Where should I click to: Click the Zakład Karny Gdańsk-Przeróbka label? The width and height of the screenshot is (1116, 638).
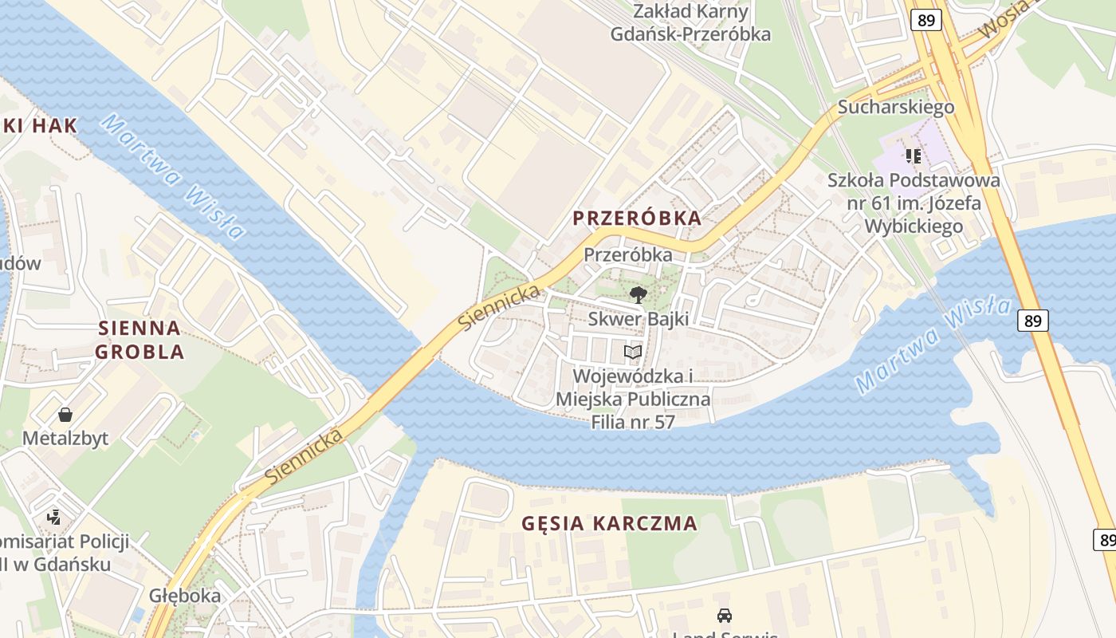(690, 22)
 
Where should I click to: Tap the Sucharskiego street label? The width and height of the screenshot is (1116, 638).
(895, 107)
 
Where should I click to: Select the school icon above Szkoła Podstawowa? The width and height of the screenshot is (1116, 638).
(913, 156)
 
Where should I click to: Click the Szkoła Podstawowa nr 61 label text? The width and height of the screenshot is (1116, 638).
(914, 203)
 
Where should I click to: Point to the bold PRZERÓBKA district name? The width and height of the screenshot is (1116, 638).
(638, 218)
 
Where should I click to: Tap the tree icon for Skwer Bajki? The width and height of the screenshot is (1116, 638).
(638, 295)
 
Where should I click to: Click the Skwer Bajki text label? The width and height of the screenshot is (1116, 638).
(638, 319)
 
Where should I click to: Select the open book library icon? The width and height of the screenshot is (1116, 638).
(632, 352)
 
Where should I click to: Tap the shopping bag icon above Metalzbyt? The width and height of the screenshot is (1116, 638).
(65, 415)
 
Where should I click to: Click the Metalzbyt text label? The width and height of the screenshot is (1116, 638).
(65, 439)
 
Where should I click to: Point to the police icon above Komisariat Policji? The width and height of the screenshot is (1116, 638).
(53, 518)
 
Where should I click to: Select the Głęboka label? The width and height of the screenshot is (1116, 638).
(185, 596)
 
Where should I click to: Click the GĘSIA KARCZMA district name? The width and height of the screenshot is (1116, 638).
(609, 524)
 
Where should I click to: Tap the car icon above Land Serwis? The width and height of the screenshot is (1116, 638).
(725, 615)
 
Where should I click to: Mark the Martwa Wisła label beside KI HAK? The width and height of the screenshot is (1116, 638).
(173, 177)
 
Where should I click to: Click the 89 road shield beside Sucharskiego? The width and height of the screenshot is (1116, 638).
(925, 20)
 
